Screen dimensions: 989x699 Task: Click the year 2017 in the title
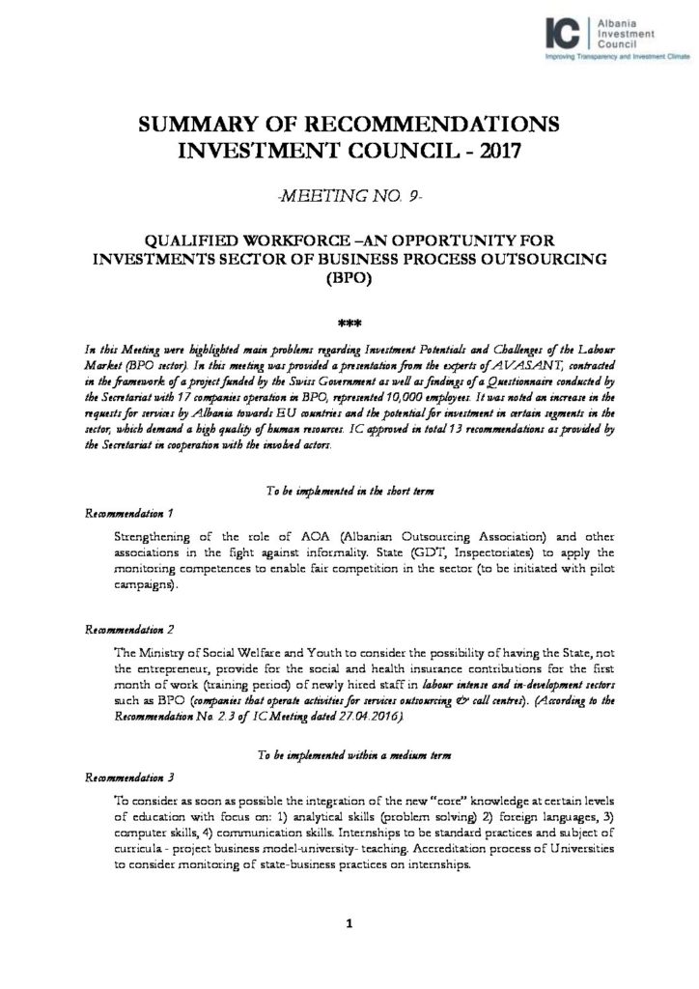pyautogui.click(x=493, y=151)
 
